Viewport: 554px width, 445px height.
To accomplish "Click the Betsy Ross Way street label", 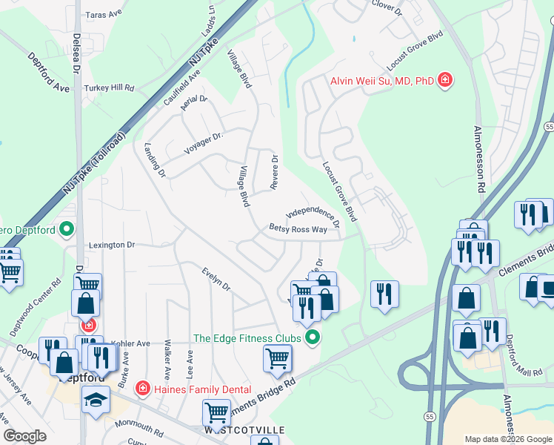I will (x=298, y=230).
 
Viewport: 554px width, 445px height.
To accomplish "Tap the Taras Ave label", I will (x=104, y=14).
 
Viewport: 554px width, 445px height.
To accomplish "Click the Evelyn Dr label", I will (x=216, y=280).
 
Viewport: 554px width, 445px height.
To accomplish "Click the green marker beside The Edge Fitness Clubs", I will (x=313, y=338).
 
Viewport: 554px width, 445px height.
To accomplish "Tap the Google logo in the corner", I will (x=25, y=436).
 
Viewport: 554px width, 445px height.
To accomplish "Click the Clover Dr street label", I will (x=385, y=7).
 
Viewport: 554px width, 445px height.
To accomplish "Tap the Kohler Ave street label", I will (x=132, y=343).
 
